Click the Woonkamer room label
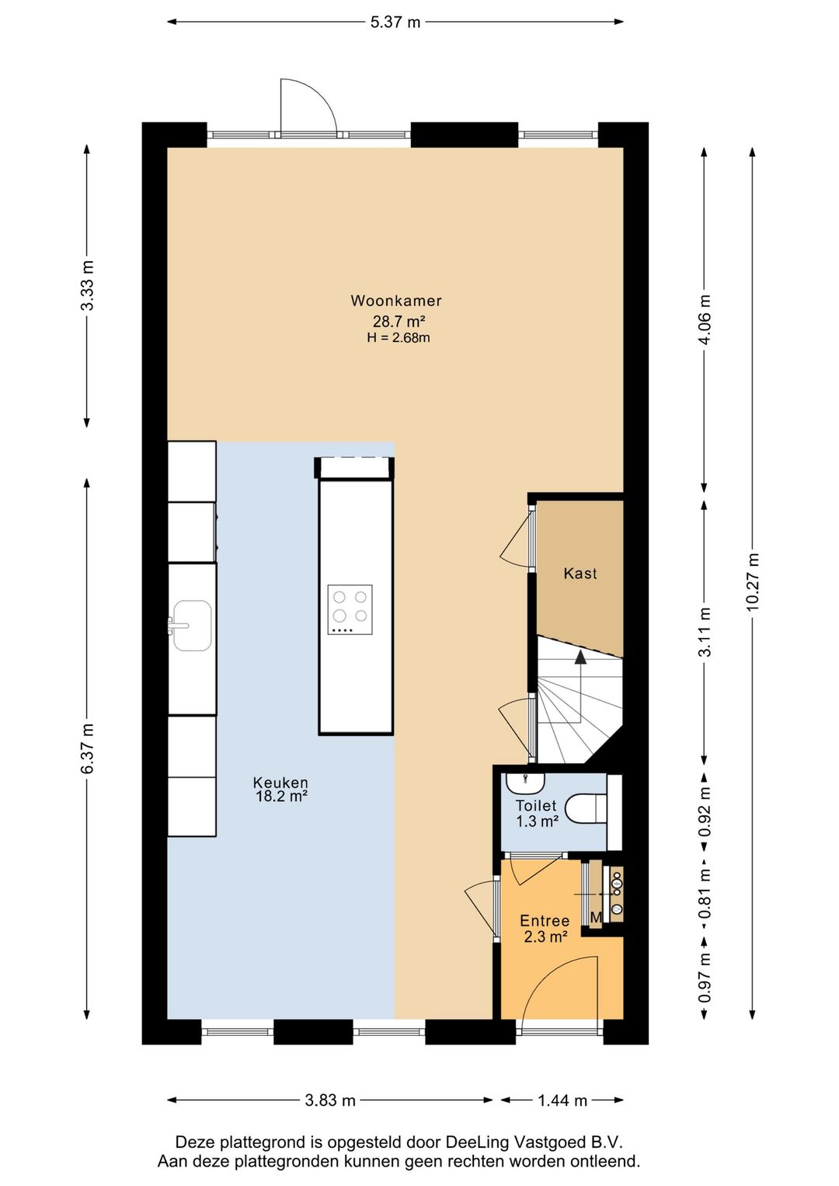coord(396,301)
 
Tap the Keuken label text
coord(280,782)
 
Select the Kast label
coord(580,574)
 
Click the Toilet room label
coord(536,806)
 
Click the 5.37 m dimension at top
coord(395,23)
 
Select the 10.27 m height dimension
coord(754,582)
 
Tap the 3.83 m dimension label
coord(330,1101)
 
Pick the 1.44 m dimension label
coord(562,1101)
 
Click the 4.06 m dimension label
coord(705,319)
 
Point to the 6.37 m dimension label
coord(87,748)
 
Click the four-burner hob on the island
coord(350,609)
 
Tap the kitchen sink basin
coord(192,626)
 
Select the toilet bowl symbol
coord(586,808)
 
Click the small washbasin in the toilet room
coord(525,782)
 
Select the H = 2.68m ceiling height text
coord(398,337)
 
